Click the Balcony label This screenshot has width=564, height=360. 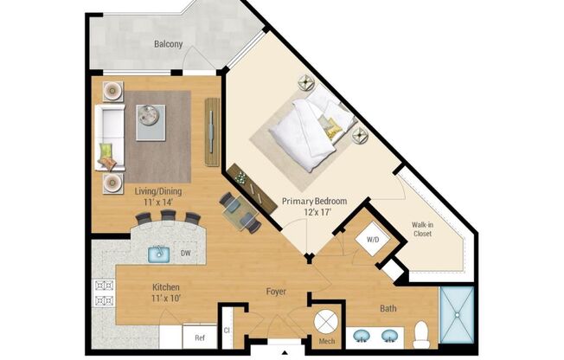coord(169,44)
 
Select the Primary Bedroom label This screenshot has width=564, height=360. coord(314,202)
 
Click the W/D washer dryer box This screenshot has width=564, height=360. coord(374,239)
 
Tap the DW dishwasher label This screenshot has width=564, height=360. coord(185,254)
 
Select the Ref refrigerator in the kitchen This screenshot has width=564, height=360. coord(199,337)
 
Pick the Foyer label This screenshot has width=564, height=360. coord(276,292)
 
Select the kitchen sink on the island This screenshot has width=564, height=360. coord(159,254)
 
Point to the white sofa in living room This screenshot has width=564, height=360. coord(108,136)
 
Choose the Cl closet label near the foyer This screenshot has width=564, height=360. coord(227,329)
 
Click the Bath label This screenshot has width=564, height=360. coord(389,307)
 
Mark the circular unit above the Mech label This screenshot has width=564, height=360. coord(327,321)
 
